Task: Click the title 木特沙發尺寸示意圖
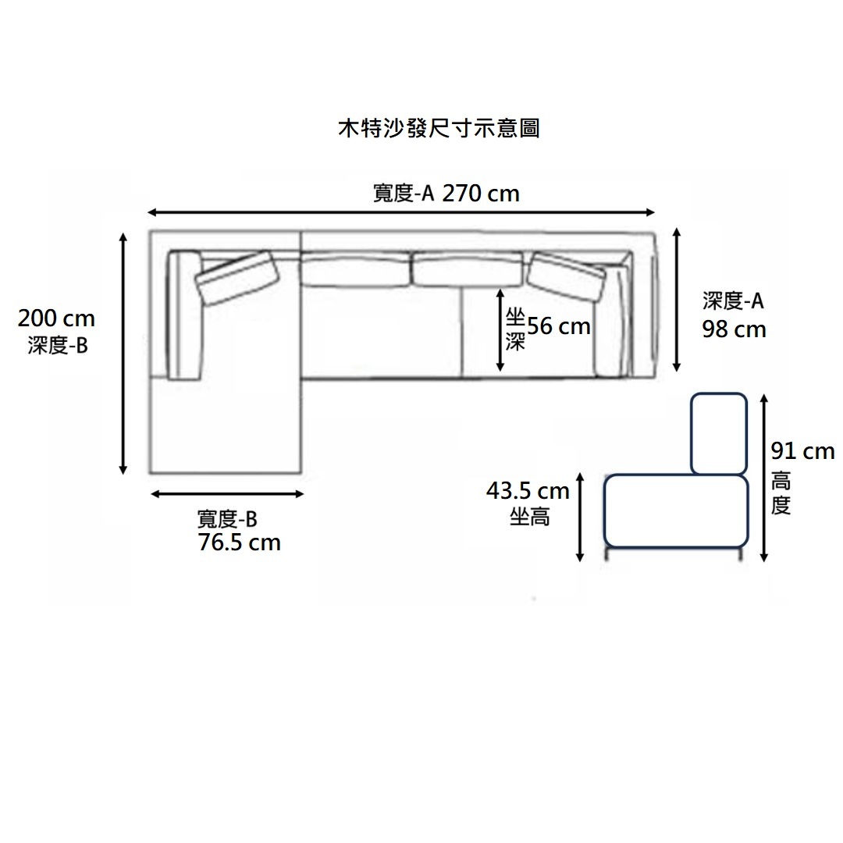pyautogui.click(x=438, y=128)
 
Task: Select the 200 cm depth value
pyautogui.click(x=56, y=318)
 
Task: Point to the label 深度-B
pyautogui.click(x=58, y=344)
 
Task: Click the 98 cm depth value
pyautogui.click(x=734, y=329)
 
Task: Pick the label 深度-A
pyautogui.click(x=732, y=302)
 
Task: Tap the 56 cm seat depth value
pyautogui.click(x=559, y=326)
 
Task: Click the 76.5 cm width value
pyautogui.click(x=240, y=542)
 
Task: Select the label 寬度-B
pyautogui.click(x=227, y=518)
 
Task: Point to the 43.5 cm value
pyautogui.click(x=528, y=491)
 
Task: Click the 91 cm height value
pyautogui.click(x=802, y=451)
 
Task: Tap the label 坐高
pyautogui.click(x=529, y=516)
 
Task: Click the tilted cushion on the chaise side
pyautogui.click(x=239, y=276)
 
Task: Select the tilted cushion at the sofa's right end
pyautogui.click(x=567, y=275)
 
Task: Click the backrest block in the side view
pyautogui.click(x=719, y=433)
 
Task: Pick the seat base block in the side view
pyautogui.click(x=676, y=510)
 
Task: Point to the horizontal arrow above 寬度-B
pyautogui.click(x=227, y=494)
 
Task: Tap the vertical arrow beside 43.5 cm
pyautogui.click(x=580, y=516)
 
